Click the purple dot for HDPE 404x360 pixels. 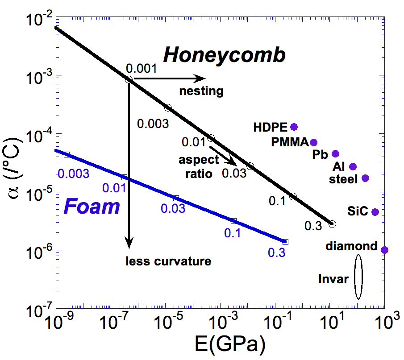tap(294, 127)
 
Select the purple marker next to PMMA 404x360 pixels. tap(314, 142)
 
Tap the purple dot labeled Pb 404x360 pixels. tap(336, 154)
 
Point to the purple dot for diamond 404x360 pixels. tap(384, 250)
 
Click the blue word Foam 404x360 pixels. tap(92, 207)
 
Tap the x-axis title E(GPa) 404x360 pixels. tap(229, 344)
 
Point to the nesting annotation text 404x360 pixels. tap(201, 91)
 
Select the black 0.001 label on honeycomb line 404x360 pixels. tap(141, 69)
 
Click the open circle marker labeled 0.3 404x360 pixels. tap(332, 224)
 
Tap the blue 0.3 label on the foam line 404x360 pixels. tap(277, 252)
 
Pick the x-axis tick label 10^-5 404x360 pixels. tap(165, 322)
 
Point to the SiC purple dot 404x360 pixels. tap(375, 212)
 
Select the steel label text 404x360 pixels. tap(343, 179)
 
